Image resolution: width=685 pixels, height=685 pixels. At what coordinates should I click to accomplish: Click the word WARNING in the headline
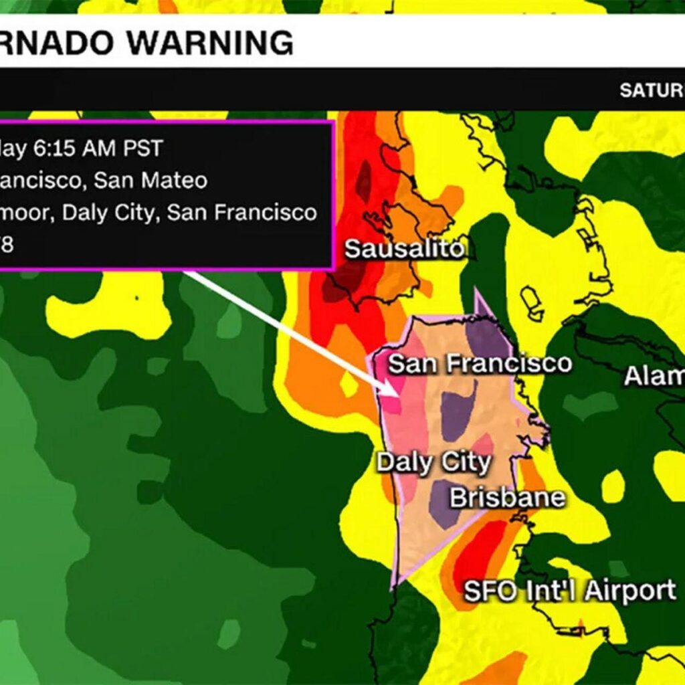tap(211, 43)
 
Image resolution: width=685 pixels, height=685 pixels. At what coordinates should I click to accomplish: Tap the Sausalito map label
tap(404, 250)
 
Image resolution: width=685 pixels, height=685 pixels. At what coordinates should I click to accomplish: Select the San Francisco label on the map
tap(480, 364)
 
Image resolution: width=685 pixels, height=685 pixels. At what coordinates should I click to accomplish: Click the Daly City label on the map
tap(433, 462)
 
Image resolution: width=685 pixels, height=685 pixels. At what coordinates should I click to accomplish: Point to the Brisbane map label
tap(507, 498)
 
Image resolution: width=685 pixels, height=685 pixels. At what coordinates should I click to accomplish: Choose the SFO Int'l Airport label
tap(569, 591)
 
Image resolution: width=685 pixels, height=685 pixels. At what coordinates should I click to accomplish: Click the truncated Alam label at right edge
tap(654, 377)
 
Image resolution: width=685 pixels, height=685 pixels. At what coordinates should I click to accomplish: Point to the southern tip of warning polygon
tap(394, 587)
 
